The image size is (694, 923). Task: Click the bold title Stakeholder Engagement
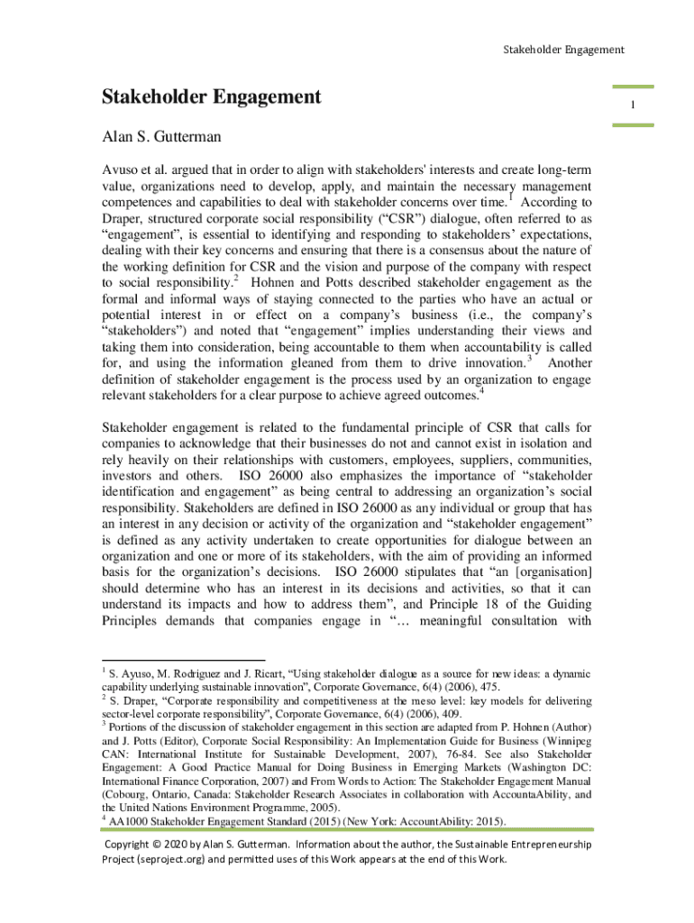click(211, 96)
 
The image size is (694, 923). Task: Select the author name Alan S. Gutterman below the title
click(161, 139)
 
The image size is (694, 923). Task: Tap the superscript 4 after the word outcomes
click(482, 389)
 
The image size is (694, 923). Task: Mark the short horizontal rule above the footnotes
click(181, 660)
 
